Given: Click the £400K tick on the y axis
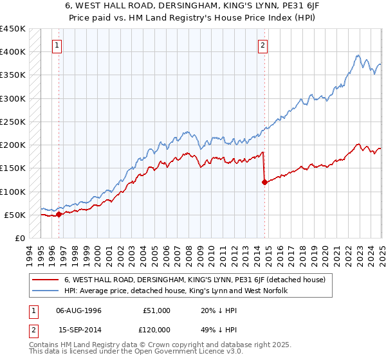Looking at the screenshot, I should tap(13, 52).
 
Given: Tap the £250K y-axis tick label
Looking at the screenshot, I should tap(13, 122).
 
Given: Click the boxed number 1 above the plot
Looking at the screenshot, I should tap(58, 45).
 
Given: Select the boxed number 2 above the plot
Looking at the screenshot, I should tap(264, 45).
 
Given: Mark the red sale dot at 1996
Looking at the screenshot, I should tap(59, 215).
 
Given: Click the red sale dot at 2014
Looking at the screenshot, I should tap(264, 183).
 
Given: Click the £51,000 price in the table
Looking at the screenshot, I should tap(157, 310).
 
